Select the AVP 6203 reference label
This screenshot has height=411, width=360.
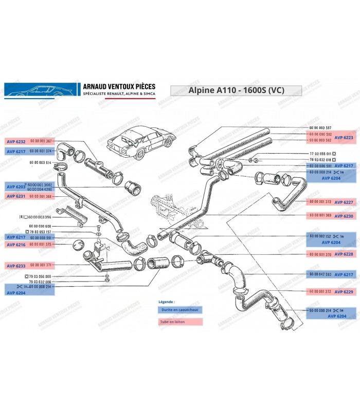[x=15, y=187]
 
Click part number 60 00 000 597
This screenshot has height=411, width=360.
[x=320, y=127]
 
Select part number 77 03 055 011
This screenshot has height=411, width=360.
[x=322, y=154]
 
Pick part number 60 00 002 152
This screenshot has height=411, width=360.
[x=320, y=235]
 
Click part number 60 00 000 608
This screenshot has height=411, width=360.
[x=41, y=226]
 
